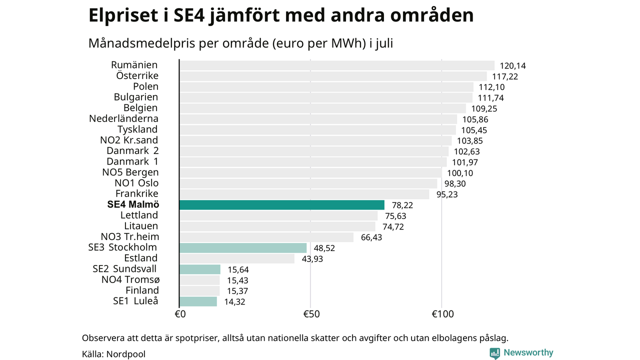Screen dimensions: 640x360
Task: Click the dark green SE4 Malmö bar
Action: (282, 205)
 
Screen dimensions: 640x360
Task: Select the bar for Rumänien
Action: (337, 65)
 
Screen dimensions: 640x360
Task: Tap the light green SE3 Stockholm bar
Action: (243, 248)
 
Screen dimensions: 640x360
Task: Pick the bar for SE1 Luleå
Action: (198, 301)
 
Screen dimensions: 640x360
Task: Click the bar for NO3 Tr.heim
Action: (266, 237)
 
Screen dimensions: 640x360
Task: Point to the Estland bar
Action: (237, 258)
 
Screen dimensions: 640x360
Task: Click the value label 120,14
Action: (512, 66)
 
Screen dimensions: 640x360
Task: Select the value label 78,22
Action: (402, 205)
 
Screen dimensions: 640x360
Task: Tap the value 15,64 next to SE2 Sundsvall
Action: (238, 269)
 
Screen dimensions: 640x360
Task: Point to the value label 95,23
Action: (447, 194)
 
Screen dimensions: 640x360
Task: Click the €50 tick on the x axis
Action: (311, 314)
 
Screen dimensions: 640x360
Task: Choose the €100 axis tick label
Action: (442, 314)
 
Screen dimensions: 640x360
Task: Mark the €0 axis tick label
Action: (180, 314)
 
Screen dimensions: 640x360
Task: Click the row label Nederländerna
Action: (123, 118)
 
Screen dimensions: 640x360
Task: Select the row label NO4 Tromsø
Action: (130, 279)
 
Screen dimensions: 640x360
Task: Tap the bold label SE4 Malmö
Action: (133, 204)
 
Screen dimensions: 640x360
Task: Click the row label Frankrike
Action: (137, 193)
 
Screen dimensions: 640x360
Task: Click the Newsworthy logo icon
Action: (494, 353)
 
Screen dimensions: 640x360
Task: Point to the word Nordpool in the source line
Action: (125, 354)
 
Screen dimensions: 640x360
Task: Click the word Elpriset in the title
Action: (123, 15)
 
